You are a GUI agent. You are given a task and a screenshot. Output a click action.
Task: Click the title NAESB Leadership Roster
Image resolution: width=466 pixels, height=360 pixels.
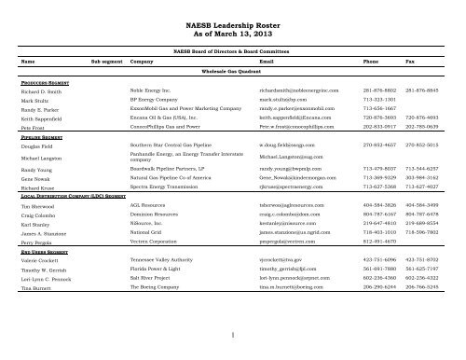point(232,18)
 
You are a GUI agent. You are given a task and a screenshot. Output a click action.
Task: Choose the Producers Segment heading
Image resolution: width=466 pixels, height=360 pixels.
point(42,82)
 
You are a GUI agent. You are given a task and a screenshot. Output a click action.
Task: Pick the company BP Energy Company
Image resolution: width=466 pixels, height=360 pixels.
point(154,96)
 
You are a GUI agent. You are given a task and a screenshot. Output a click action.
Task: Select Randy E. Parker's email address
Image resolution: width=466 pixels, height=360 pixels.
point(290,105)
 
